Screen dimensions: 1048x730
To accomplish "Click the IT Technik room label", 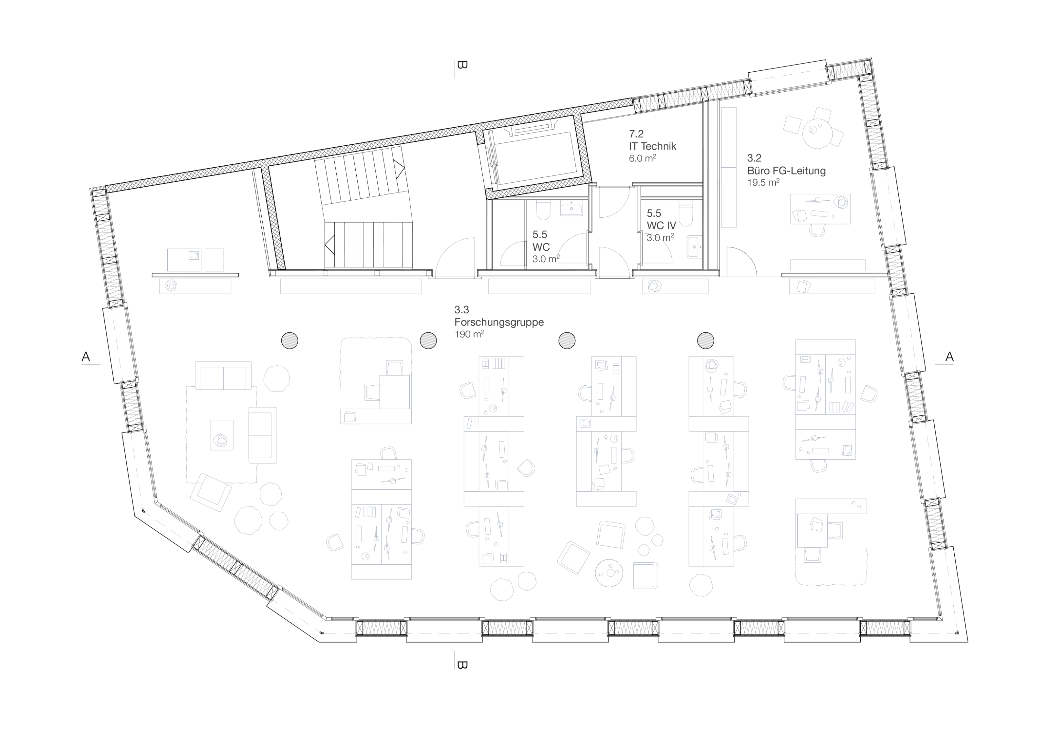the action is click(x=652, y=146).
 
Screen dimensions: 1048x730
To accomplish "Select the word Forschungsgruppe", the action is click(x=499, y=322).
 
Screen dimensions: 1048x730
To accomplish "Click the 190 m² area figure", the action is click(x=469, y=334).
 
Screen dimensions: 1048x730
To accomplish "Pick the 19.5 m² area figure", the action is click(x=763, y=183).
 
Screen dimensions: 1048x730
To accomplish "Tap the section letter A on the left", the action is click(x=86, y=357).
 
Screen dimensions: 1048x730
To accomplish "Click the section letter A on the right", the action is click(x=949, y=357).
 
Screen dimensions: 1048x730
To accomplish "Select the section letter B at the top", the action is click(x=462, y=65).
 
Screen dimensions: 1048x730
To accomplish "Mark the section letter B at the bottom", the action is click(x=462, y=665).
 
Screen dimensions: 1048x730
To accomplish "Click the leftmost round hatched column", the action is click(x=290, y=340).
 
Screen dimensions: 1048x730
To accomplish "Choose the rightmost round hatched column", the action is click(x=706, y=340).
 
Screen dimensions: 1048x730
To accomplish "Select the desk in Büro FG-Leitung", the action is click(x=820, y=209).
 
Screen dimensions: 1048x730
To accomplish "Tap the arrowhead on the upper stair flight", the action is click(x=400, y=169).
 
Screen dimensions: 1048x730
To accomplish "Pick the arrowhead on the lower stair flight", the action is click(x=329, y=245).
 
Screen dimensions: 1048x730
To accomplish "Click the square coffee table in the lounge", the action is click(x=222, y=435).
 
